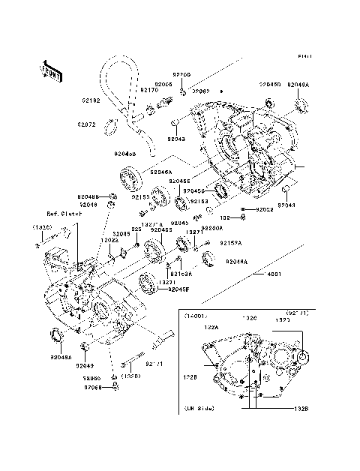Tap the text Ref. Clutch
63,214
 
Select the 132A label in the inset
211,327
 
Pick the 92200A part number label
211,227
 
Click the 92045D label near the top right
270,85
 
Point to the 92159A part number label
230,242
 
